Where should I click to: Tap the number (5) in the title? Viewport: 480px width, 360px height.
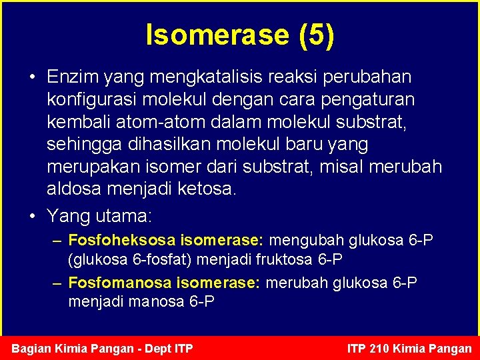pos(317,35)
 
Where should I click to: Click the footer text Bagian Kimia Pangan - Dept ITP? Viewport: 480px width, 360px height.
pos(103,348)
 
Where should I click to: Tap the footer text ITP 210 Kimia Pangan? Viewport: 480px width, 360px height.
pos(409,348)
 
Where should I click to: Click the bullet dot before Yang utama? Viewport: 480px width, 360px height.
pos(33,215)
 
